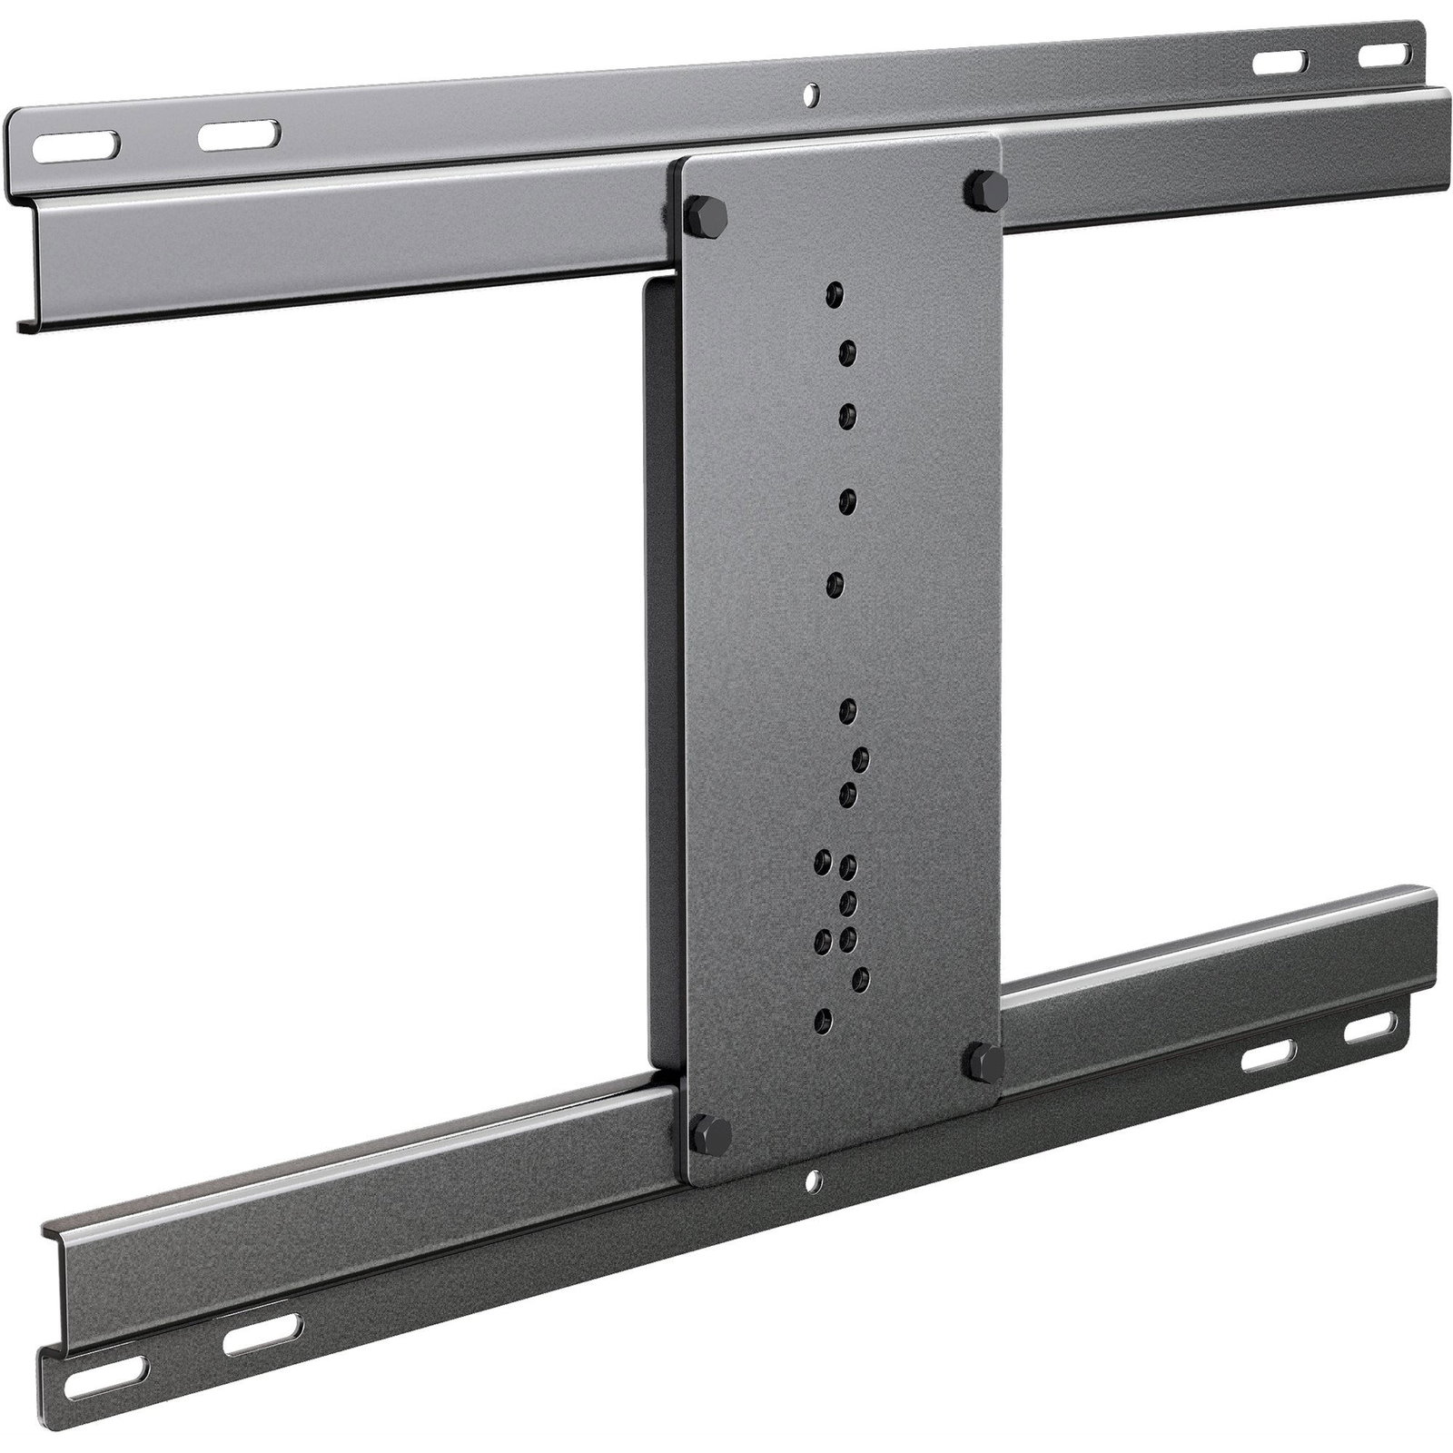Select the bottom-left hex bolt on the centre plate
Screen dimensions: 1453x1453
point(712,1132)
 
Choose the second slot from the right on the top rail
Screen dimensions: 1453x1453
point(1282,62)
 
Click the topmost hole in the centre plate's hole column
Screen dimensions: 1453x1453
point(835,294)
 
